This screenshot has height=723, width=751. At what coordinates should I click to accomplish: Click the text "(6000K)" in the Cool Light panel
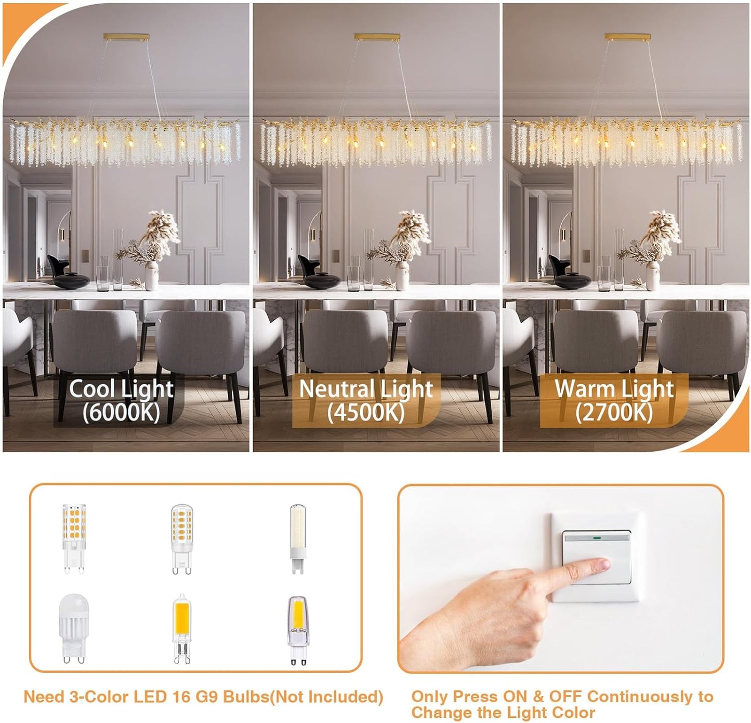click(121, 413)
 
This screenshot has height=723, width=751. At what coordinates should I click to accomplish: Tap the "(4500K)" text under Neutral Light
click(365, 413)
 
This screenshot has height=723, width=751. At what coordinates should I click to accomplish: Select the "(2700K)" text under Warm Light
click(614, 413)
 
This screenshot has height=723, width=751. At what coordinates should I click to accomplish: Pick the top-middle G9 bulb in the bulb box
click(181, 538)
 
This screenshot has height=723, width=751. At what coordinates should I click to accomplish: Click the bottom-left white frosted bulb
click(74, 628)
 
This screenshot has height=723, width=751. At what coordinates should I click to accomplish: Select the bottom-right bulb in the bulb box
click(297, 630)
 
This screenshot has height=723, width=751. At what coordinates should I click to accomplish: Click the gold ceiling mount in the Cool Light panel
click(126, 37)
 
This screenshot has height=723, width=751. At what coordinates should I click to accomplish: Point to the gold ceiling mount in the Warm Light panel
click(627, 37)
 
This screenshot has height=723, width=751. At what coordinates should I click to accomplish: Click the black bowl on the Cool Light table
click(72, 281)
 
